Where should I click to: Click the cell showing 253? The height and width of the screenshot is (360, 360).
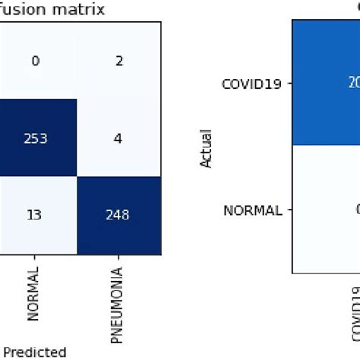pyautogui.click(x=36, y=137)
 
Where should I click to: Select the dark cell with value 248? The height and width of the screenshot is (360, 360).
pyautogui.click(x=118, y=215)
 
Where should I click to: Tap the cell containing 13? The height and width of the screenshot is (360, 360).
pyautogui.click(x=36, y=215)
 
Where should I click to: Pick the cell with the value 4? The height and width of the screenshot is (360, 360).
pyautogui.click(x=118, y=137)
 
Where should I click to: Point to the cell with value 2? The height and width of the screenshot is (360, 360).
pyautogui.click(x=118, y=59)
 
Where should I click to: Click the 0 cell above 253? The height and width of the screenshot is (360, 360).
pyautogui.click(x=36, y=59)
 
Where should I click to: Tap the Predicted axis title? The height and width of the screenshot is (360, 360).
pyautogui.click(x=33, y=352)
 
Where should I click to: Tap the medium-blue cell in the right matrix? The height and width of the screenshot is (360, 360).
pyautogui.click(x=326, y=83)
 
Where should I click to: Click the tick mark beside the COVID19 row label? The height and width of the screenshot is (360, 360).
pyautogui.click(x=289, y=84)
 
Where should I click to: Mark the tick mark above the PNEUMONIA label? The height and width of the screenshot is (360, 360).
pyautogui.click(x=118, y=257)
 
